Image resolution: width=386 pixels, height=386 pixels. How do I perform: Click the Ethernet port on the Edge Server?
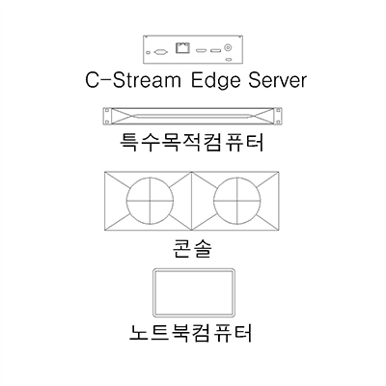tap(183, 48)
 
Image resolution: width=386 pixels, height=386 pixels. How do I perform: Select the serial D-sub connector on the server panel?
tap(160, 51)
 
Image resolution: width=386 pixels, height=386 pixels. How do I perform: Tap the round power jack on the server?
tap(228, 48)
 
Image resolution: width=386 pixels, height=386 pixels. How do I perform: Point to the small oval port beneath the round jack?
tap(229, 60)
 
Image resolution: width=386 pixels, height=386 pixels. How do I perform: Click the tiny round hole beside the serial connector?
tap(148, 52)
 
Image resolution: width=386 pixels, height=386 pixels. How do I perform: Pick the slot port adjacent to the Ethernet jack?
tap(202, 50)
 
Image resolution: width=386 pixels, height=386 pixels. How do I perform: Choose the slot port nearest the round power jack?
tap(215, 50)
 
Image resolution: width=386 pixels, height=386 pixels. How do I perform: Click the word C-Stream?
tap(132, 80)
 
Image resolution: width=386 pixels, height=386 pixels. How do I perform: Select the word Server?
tap(277, 80)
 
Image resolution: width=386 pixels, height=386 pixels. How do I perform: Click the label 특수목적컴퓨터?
tap(192, 142)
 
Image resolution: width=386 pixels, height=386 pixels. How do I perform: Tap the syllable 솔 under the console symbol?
tap(202, 248)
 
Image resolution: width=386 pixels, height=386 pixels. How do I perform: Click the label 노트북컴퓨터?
tap(190, 333)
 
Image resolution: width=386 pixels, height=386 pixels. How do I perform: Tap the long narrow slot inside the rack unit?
tap(192, 116)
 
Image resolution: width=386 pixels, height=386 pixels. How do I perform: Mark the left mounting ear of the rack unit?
tap(107, 116)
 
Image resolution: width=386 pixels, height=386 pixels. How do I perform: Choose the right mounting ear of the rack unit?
tap(277, 116)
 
